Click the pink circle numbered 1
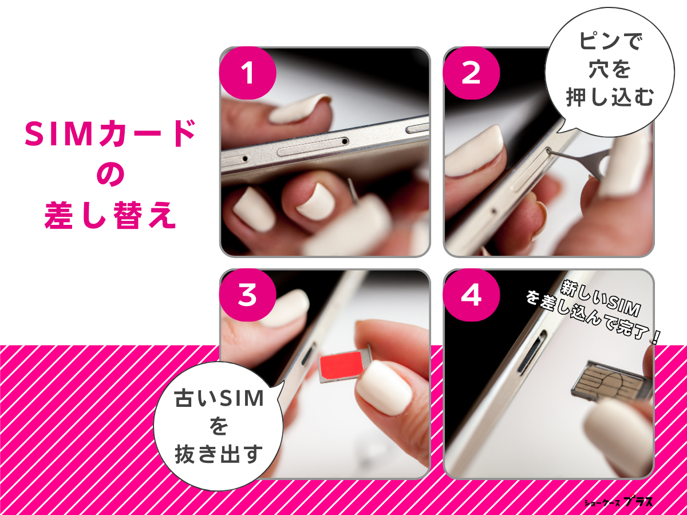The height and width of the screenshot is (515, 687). point(247,74)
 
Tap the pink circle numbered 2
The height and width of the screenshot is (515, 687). point(471,74)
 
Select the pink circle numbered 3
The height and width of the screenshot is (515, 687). point(247,296)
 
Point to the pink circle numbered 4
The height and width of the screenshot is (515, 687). point(471,296)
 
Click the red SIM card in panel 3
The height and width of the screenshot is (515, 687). point(342,365)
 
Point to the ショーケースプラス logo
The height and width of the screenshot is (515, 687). point(618,502)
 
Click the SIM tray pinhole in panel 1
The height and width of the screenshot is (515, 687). point(345,141)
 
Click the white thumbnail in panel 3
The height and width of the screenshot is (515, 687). point(384,389)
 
